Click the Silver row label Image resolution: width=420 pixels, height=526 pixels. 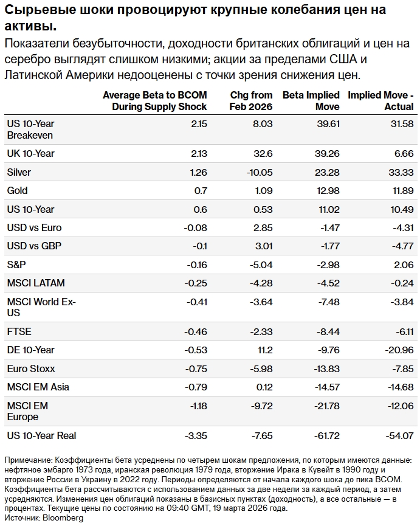pos(19,172)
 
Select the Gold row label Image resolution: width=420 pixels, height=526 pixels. pos(17,190)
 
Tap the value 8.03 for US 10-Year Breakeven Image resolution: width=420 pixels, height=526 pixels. pos(262,123)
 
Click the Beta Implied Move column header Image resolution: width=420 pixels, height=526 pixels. pos(311,100)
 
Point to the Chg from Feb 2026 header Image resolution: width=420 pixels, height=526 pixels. pos(251,100)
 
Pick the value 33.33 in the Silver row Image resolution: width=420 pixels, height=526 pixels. pos(401,172)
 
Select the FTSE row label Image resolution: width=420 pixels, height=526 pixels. pos(19,331)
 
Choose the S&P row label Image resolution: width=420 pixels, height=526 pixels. pos(17,265)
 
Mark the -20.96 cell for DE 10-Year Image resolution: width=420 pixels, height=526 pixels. pos(399,350)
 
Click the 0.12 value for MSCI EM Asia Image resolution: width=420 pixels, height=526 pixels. pos(264,387)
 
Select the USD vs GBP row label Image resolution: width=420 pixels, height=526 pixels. pos(34,246)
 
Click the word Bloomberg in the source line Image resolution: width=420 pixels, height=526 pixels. pos(63,517)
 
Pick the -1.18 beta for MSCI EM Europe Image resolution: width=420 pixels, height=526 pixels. pos(195,406)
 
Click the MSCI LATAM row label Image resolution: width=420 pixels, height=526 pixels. pos(36,283)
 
